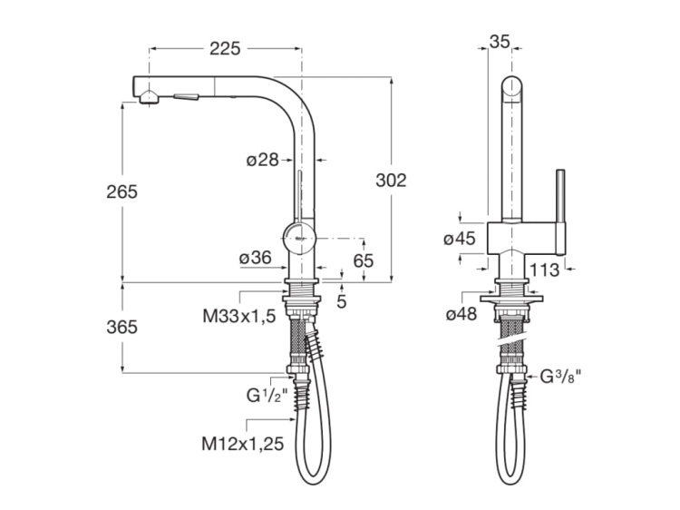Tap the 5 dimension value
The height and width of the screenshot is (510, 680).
pyautogui.click(x=341, y=300)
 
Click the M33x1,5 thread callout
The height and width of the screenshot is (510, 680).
pyautogui.click(x=238, y=316)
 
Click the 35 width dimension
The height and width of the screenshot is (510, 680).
pyautogui.click(x=500, y=40)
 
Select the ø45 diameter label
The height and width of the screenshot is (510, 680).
pyautogui.click(x=460, y=239)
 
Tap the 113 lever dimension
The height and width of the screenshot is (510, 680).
pyautogui.click(x=543, y=269)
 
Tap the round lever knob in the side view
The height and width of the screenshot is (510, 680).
pyautogui.click(x=299, y=237)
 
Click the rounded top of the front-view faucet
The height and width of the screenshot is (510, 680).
pyautogui.click(x=513, y=91)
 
